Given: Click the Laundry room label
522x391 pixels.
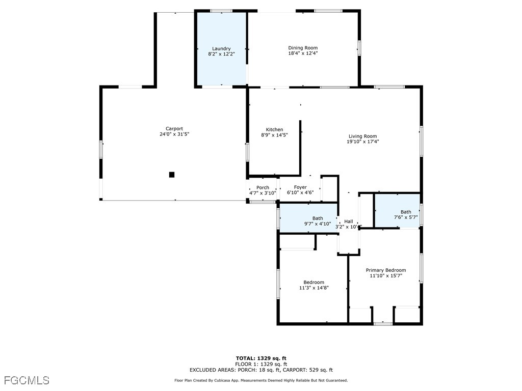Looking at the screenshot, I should click(x=221, y=49).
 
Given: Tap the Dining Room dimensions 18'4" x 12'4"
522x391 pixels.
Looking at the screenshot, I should click(x=303, y=53).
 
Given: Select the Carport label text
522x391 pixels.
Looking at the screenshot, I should click(x=174, y=129).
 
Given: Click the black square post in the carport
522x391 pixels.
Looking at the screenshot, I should click(x=172, y=175).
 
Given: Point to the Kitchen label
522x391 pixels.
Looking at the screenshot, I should click(x=274, y=129).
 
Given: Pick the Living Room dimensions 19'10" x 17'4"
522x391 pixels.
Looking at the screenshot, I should click(x=362, y=142).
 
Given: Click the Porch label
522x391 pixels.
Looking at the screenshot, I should click(x=263, y=188).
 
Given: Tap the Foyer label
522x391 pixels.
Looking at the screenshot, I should click(x=300, y=187).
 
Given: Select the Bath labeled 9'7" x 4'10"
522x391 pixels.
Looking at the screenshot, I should click(x=317, y=221).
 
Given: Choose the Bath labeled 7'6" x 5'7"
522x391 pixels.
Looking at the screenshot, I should click(x=405, y=214).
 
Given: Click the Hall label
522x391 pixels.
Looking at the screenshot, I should click(x=349, y=221).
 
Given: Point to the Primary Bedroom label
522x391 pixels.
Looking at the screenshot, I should click(x=385, y=270).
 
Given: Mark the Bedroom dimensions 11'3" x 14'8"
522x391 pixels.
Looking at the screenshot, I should click(x=314, y=288).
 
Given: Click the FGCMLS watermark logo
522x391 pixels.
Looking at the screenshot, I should click(x=27, y=380).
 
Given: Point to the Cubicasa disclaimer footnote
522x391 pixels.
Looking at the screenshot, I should click(x=261, y=380).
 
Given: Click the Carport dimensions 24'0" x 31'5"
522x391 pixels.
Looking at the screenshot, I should click(x=174, y=134).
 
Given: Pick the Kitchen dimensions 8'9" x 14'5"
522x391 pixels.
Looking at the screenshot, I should click(x=274, y=135).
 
